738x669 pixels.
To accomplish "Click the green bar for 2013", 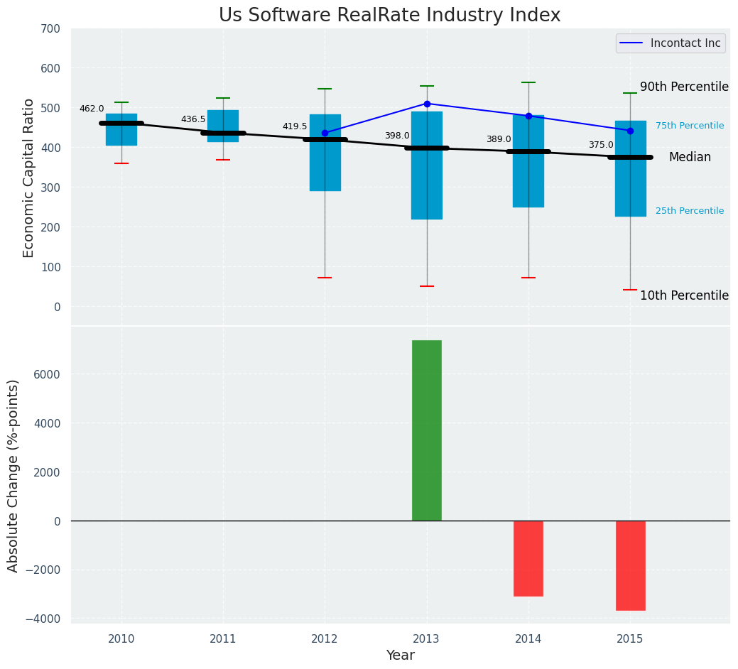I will (x=426, y=430).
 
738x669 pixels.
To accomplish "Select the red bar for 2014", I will (x=528, y=558).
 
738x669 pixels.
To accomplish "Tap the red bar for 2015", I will (x=630, y=565).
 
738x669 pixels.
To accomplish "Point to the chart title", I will (x=389, y=16).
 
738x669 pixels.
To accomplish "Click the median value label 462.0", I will (x=92, y=109).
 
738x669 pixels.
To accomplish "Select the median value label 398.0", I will (x=397, y=136).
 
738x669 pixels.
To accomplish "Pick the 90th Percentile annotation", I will (x=684, y=87).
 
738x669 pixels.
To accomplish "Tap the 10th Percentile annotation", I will (x=684, y=295).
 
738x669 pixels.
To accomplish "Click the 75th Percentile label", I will (x=689, y=126).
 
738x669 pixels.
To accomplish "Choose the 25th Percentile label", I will (x=689, y=211).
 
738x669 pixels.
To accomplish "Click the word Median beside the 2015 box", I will (x=689, y=158).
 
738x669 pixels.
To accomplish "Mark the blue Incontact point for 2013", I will (x=427, y=104).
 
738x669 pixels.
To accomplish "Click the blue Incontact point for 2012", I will (x=325, y=133).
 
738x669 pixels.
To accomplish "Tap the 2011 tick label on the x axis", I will (x=223, y=639).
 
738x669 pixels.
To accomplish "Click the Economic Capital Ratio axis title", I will (x=29, y=178).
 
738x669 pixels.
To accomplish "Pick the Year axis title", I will (x=400, y=656).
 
